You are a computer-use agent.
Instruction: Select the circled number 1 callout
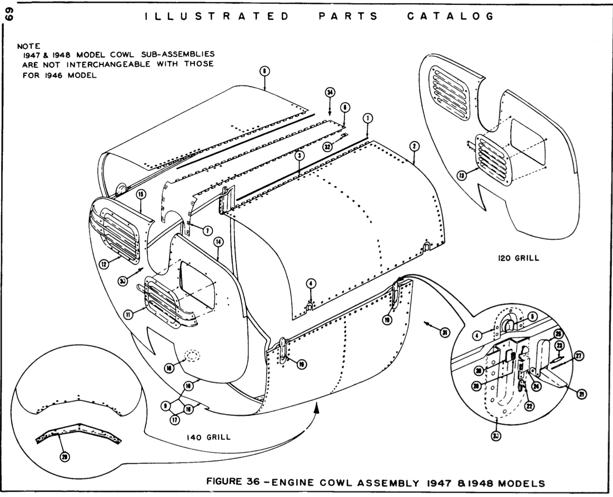pos(367,118)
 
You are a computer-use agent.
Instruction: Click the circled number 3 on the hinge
pos(299,157)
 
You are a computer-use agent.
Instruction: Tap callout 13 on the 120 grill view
pos(460,175)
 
